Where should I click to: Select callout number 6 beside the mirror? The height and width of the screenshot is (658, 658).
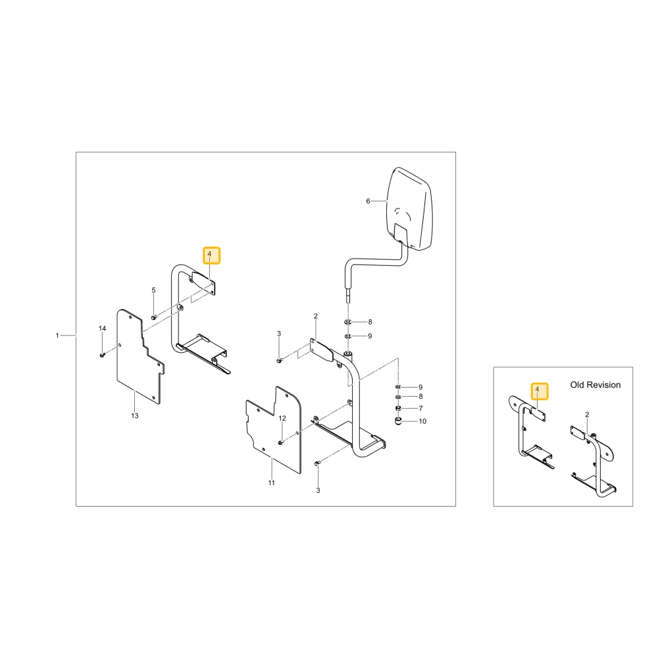[368, 201]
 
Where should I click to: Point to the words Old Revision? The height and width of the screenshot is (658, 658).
[595, 385]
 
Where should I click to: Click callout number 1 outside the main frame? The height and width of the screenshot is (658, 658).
[57, 336]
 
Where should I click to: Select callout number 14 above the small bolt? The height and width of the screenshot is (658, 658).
[103, 328]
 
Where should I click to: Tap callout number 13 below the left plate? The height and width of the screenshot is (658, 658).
[135, 415]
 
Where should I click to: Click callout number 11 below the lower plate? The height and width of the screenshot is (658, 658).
[272, 482]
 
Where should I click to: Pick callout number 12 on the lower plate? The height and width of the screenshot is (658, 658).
[282, 418]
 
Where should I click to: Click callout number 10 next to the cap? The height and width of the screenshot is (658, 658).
[422, 421]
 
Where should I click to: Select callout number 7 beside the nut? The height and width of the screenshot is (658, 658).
[420, 409]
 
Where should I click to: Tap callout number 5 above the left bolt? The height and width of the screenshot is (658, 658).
[153, 290]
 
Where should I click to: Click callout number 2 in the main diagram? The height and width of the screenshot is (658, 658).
[316, 316]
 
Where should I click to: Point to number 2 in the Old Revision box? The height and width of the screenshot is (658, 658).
[587, 415]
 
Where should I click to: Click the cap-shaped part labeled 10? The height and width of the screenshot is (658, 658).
[399, 420]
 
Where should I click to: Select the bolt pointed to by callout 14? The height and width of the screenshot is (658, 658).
[102, 355]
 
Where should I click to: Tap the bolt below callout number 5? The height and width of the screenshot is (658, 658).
[153, 318]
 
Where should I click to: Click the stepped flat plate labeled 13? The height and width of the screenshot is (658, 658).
[140, 357]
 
